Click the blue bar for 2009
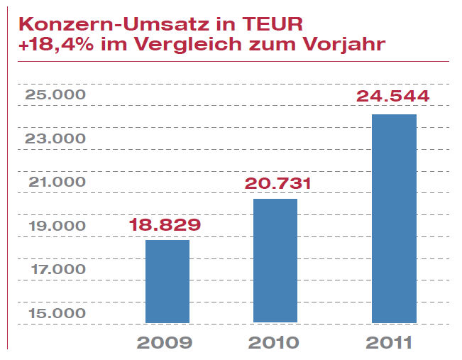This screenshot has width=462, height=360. [x=167, y=281]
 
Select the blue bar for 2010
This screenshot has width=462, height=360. [x=275, y=261]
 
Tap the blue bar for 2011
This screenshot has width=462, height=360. [x=394, y=218]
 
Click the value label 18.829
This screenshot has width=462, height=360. [x=165, y=225]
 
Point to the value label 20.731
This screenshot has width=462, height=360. [x=278, y=184]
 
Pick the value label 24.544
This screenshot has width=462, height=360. [x=393, y=96]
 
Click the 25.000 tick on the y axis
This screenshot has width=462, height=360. [x=55, y=95]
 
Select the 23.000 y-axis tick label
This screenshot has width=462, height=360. [x=55, y=138]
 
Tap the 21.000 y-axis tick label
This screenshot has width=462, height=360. [x=55, y=182]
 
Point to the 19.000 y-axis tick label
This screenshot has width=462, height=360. [x=55, y=226]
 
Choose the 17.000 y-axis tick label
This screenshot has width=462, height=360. [x=55, y=269]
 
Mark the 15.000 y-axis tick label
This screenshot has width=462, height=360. [x=55, y=313]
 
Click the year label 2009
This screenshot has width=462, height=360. [x=165, y=343]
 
